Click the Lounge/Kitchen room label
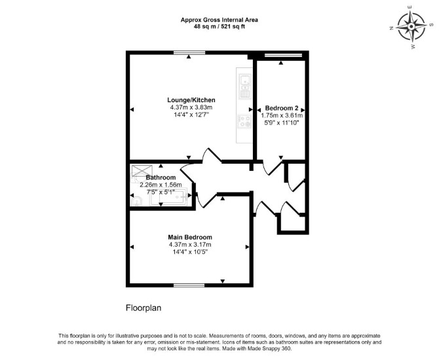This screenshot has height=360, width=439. pyautogui.click(x=191, y=100)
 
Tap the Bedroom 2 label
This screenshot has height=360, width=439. pyautogui.click(x=281, y=108)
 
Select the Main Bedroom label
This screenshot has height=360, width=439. pyautogui.click(x=190, y=237)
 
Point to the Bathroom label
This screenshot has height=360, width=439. pyautogui.click(x=161, y=177)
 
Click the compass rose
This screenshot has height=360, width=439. pyautogui.click(x=411, y=27)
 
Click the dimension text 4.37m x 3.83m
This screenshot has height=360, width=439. pyautogui.click(x=191, y=107)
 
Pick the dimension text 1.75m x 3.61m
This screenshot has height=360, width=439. pyautogui.click(x=282, y=115)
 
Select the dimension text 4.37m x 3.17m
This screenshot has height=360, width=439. pyautogui.click(x=190, y=245)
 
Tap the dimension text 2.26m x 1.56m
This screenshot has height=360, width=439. pyautogui.click(x=161, y=185)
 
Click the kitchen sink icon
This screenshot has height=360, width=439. pyautogui.click(x=244, y=86)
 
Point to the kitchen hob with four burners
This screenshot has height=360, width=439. pyautogui.click(x=244, y=121)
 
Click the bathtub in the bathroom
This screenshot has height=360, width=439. pyautogui.click(x=168, y=198)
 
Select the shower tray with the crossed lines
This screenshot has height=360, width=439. pyautogui.click(x=142, y=171)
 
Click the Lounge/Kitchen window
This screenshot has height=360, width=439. pyautogui.click(x=189, y=52)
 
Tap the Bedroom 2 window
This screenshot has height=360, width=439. pyautogui.click(x=283, y=55)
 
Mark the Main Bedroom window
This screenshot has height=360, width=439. pyautogui.click(x=189, y=285)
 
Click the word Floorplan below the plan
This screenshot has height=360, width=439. pyautogui.click(x=143, y=308)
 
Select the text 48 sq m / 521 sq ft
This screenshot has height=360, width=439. pyautogui.click(x=220, y=27)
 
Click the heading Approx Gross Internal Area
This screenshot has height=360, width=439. pyautogui.click(x=220, y=20)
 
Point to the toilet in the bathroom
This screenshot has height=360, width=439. pyautogui.click(x=137, y=200)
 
